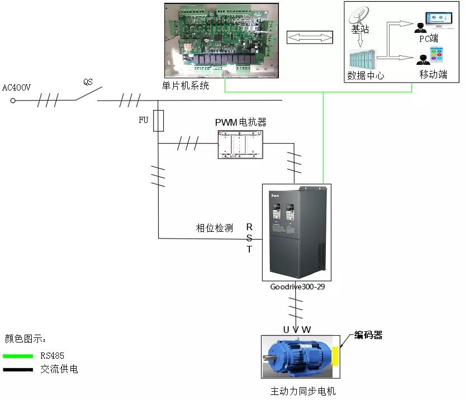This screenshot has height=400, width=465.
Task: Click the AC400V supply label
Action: [x=16, y=88]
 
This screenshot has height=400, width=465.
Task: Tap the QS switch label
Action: [x=88, y=82]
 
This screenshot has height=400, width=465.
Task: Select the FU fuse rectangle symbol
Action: [x=158, y=121]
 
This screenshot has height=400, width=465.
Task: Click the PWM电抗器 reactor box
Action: [x=241, y=145]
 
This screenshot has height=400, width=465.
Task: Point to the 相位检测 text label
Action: [x=214, y=228]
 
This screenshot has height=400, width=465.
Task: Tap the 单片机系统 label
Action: [x=186, y=85]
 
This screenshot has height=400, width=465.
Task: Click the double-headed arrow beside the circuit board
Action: [x=309, y=37]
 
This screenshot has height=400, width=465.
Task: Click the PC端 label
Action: [x=429, y=39]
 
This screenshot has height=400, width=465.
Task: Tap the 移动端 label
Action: [x=433, y=74]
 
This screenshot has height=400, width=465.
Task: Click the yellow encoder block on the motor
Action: [x=335, y=356]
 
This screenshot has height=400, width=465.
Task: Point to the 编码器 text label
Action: [x=369, y=335]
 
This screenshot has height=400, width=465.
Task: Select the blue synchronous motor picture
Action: [x=297, y=356]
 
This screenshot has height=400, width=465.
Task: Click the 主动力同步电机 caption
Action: [x=303, y=391]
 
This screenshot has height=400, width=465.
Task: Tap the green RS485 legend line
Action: [x=17, y=355]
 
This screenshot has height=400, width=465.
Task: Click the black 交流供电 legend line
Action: [x=17, y=370]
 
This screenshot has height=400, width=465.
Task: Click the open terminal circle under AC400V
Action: [x=13, y=101]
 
